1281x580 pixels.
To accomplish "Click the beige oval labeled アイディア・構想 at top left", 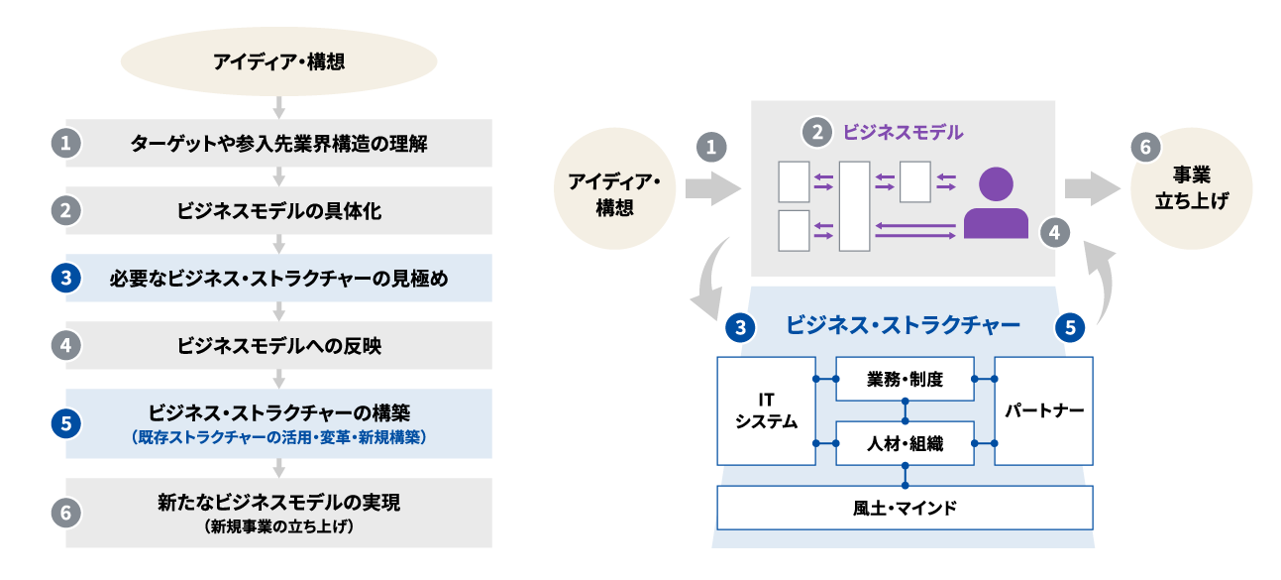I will [x=278, y=62].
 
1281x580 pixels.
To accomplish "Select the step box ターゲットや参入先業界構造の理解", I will [x=278, y=143].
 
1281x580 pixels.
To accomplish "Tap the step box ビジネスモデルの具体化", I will [x=278, y=210].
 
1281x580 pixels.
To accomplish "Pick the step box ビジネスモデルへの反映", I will [x=278, y=345].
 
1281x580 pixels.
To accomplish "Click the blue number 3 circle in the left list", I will [x=65, y=279].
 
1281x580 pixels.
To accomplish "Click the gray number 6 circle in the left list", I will [x=65, y=513].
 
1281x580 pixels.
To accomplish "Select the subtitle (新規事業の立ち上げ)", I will [x=278, y=526].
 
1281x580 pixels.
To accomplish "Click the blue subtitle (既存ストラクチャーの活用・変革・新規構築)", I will [x=278, y=436].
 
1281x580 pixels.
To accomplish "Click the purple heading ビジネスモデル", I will [x=903, y=131].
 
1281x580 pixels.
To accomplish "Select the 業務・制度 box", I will [x=905, y=379].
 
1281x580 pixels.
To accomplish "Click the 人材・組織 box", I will [x=905, y=444].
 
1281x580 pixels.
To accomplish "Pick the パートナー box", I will [x=1043, y=410].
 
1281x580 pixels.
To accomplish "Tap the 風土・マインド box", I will [x=905, y=508].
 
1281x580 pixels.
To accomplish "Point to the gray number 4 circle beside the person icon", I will [x=1055, y=233].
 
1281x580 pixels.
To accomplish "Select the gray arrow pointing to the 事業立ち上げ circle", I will [x=1091, y=188].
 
